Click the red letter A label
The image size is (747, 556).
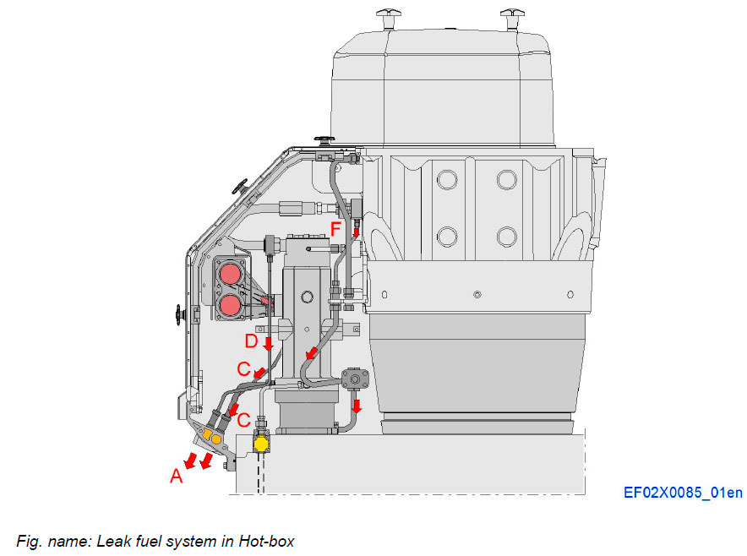[176, 477]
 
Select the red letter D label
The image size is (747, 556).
[251, 341]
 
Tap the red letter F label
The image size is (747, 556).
[336, 228]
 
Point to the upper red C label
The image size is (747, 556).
[243, 369]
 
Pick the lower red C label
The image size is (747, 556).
[243, 420]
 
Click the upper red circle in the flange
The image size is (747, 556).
[229, 275]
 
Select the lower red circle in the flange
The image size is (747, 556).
[229, 303]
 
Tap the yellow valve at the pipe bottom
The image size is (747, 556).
[262, 442]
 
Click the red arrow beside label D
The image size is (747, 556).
[268, 344]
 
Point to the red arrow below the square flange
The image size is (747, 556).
[357, 406]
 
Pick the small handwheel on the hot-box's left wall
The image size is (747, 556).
[179, 316]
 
